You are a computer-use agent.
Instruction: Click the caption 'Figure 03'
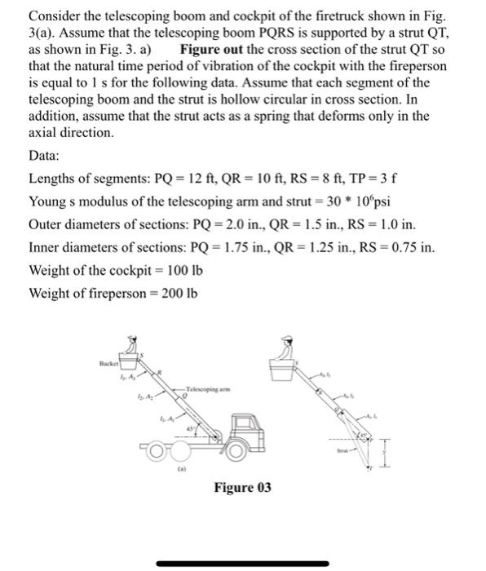click(242, 488)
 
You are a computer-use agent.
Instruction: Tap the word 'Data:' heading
click(46, 155)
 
